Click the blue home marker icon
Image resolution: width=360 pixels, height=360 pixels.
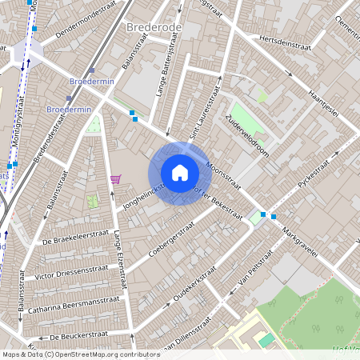point(180,173)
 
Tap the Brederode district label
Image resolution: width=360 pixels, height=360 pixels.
point(154,26)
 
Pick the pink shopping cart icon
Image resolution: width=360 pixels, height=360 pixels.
point(116,178)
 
